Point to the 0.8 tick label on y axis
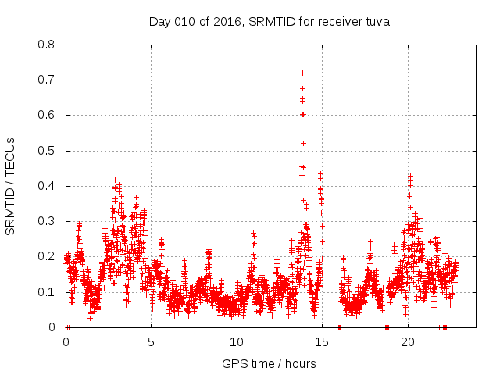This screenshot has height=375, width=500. pyautogui.click(x=48, y=45)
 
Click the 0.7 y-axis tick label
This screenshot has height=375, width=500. pyautogui.click(x=48, y=80)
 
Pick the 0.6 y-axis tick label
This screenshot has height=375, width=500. pyautogui.click(x=48, y=116)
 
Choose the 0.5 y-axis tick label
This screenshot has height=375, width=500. pyautogui.click(x=48, y=151)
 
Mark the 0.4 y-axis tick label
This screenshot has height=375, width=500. pyautogui.click(x=48, y=186)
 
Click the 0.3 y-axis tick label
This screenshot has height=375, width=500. pyautogui.click(x=48, y=221)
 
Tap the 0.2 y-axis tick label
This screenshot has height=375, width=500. pyautogui.click(x=48, y=257)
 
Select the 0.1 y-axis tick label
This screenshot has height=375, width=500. pyautogui.click(x=48, y=292)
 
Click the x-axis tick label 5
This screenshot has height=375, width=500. pyautogui.click(x=152, y=342)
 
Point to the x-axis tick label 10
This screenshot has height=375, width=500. pyautogui.click(x=237, y=342)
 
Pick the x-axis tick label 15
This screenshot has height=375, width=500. pyautogui.click(x=322, y=342)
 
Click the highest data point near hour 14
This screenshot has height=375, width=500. pyautogui.click(x=302, y=73)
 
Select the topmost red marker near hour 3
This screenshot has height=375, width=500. pyautogui.click(x=120, y=116)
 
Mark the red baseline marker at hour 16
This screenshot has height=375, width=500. pyautogui.click(x=339, y=327)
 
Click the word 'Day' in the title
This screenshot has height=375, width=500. pyautogui.click(x=159, y=22)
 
